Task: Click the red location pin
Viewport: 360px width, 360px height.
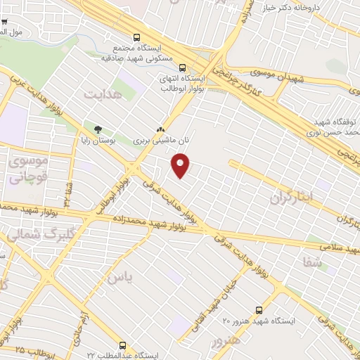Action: [181, 166]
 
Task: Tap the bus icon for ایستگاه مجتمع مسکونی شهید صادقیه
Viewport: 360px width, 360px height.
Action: [136, 38]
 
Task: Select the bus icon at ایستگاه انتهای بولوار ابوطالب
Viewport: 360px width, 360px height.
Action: [183, 68]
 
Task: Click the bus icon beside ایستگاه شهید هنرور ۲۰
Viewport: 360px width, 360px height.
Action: [259, 309]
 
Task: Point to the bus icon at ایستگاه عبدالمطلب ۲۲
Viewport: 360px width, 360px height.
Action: [123, 345]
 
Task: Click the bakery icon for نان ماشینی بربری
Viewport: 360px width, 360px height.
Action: [160, 129]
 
